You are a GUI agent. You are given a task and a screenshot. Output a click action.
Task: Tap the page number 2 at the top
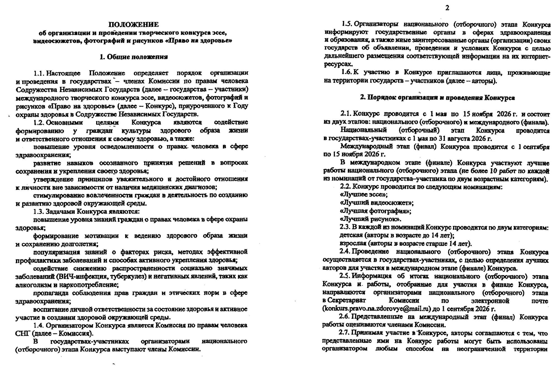[447, 8]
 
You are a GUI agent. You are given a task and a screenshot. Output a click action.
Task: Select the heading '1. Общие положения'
[134, 57]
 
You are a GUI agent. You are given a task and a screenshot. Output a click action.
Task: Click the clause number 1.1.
[39, 73]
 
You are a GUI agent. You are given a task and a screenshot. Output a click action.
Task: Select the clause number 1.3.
[39, 211]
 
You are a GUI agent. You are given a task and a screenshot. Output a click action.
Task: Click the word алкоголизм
[32, 285]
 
